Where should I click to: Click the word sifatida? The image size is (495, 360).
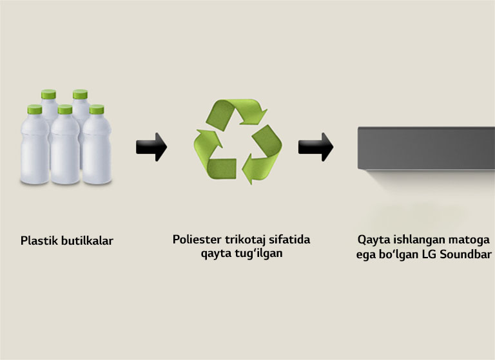coord(289,240)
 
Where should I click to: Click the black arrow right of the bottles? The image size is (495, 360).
coord(151,147)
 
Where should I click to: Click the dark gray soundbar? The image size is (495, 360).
coord(426,148)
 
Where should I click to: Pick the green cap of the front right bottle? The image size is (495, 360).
coord(95,109)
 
